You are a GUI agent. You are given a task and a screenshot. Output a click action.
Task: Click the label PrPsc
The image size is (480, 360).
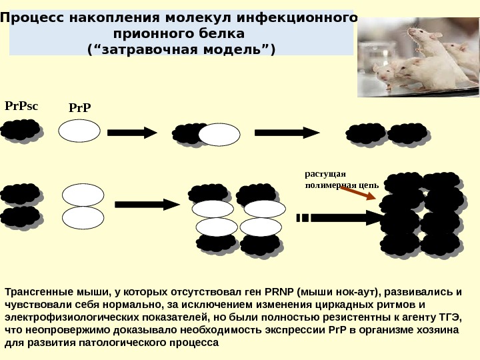22,106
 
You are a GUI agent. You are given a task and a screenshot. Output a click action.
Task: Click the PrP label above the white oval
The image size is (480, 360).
79,108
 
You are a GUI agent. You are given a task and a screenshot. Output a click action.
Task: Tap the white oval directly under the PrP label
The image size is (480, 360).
79,131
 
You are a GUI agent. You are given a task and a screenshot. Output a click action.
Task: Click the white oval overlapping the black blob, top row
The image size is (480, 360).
219,134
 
